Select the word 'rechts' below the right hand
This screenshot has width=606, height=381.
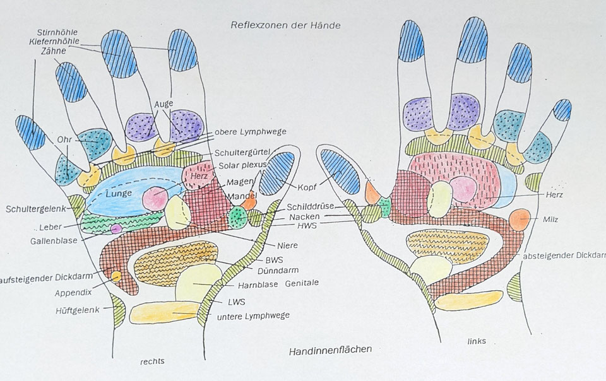[x=153, y=363]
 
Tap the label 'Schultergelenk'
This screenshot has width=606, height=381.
[x=35, y=208]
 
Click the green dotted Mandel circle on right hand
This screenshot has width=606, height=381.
[x=238, y=217]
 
